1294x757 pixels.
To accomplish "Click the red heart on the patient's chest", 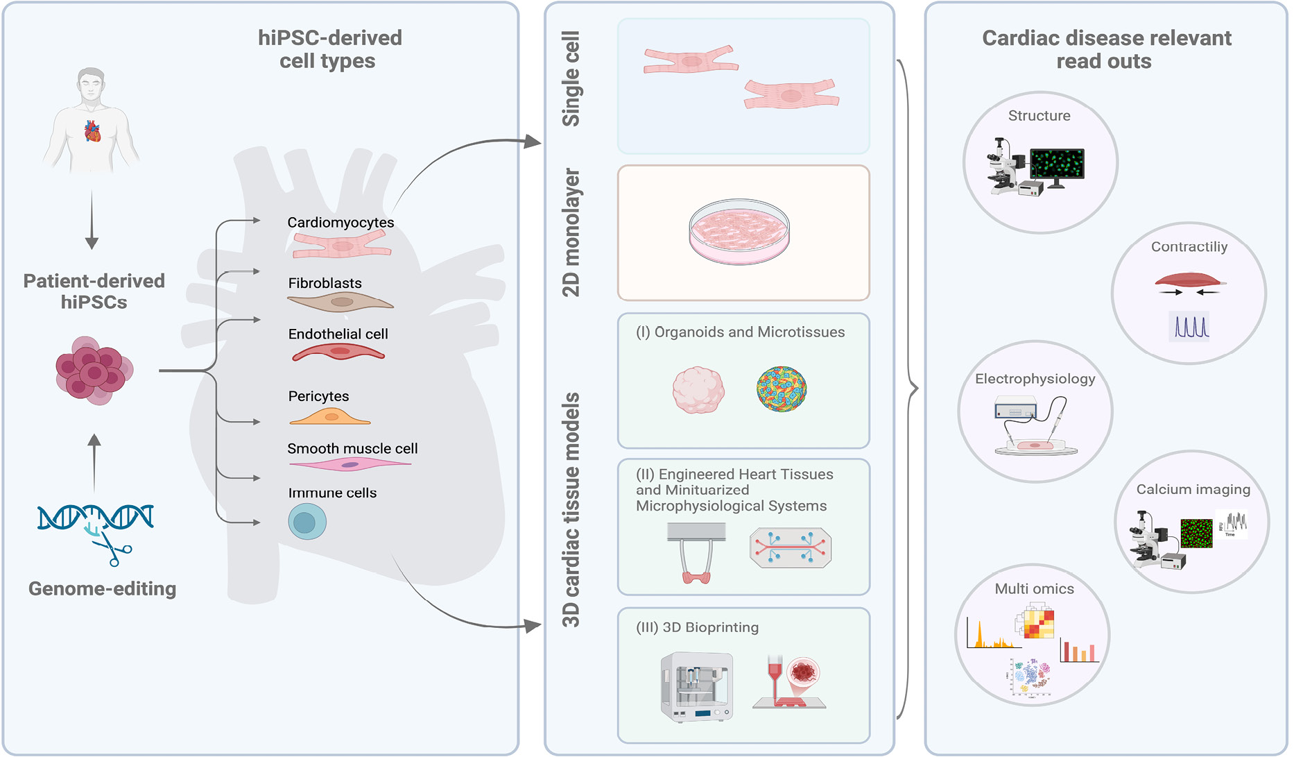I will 92,130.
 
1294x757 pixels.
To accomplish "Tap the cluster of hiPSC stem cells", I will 94,371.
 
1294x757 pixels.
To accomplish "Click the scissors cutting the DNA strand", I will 113,552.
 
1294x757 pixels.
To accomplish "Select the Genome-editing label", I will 102,588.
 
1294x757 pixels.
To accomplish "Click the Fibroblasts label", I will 325,283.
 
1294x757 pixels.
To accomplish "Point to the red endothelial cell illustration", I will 338,352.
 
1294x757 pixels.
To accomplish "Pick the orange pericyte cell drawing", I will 330,416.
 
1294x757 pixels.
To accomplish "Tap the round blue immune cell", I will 307,522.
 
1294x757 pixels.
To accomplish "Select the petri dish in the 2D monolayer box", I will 739,232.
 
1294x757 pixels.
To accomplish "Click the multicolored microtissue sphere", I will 782,389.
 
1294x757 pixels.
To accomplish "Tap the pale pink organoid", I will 698,390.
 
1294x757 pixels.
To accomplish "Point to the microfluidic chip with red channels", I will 791,547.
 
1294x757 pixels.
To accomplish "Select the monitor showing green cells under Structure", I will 1056,165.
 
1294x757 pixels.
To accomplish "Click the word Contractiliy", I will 1189,247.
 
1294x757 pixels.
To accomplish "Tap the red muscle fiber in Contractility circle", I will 1189,281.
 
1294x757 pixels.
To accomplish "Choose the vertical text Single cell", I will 571,78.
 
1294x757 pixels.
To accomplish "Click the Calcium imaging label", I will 1193,489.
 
